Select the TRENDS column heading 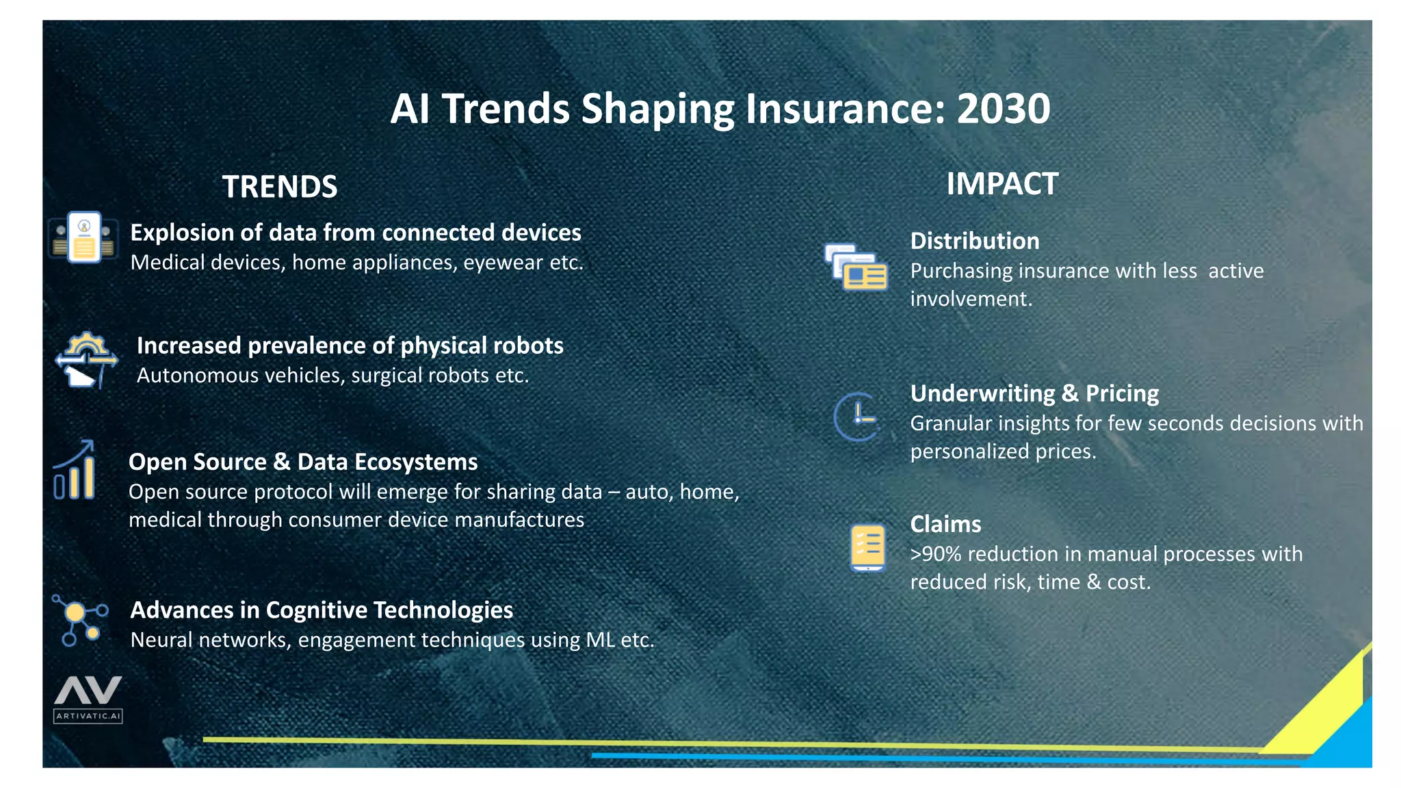point(280,187)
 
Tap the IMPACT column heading point(1001,184)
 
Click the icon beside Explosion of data point(84,237)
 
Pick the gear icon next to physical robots point(86,360)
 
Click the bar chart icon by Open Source point(75,471)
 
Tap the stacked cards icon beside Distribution point(856,267)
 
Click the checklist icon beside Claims point(867,547)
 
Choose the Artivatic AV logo point(88,698)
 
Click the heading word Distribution point(974,241)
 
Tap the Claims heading point(945,524)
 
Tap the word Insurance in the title point(844,109)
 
